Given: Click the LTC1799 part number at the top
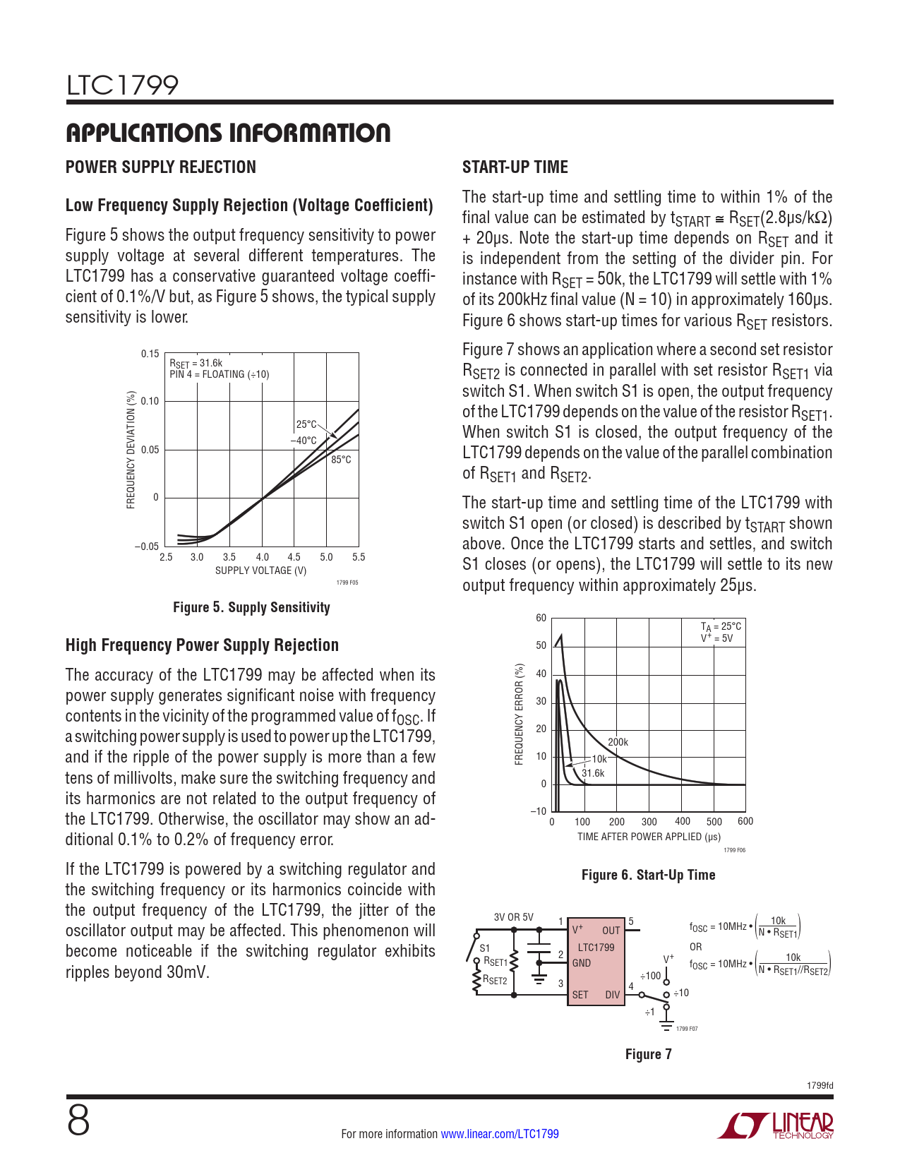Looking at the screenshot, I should (122, 85).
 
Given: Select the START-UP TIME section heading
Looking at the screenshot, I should (515, 167).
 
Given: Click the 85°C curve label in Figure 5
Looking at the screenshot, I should (341, 460).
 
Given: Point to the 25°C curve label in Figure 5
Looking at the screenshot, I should (306, 424).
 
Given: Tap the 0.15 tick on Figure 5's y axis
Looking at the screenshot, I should (150, 354).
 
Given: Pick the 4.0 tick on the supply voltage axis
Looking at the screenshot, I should (262, 557).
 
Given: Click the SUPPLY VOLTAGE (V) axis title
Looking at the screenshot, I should (260, 570).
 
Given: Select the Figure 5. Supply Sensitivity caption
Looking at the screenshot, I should (251, 607).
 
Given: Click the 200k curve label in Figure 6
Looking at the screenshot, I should (618, 742).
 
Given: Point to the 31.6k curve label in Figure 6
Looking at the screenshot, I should (593, 773).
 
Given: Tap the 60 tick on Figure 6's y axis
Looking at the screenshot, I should (541, 619).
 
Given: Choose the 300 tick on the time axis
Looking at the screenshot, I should (649, 822).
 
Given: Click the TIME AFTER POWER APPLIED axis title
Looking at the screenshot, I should (649, 837).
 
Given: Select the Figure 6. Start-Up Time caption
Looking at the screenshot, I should (648, 875).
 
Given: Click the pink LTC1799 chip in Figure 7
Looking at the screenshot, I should (596, 964).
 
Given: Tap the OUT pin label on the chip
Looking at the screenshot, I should (611, 931).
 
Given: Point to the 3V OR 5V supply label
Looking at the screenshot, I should (513, 917).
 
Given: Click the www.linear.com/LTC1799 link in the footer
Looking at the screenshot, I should (500, 1134).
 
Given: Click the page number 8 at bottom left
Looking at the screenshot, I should (78, 1121).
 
